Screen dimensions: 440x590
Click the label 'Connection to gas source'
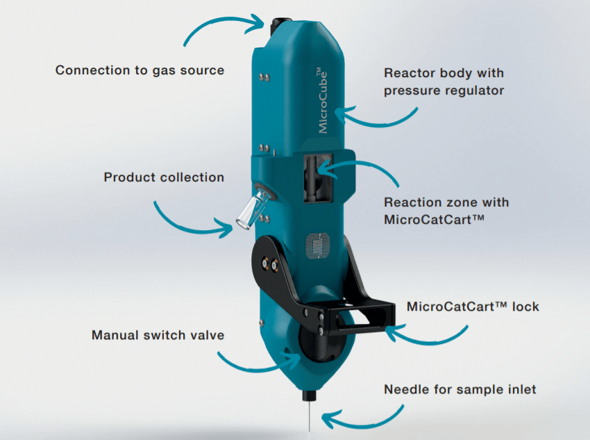[x=140, y=70]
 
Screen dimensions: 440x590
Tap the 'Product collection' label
[x=164, y=177]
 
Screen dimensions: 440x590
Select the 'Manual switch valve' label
[x=158, y=335]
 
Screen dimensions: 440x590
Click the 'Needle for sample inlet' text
[x=460, y=390]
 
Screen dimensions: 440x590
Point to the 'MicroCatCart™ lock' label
[x=473, y=307]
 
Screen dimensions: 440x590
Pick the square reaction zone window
[x=318, y=178]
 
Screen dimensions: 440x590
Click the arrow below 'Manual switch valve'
[x=257, y=365]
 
